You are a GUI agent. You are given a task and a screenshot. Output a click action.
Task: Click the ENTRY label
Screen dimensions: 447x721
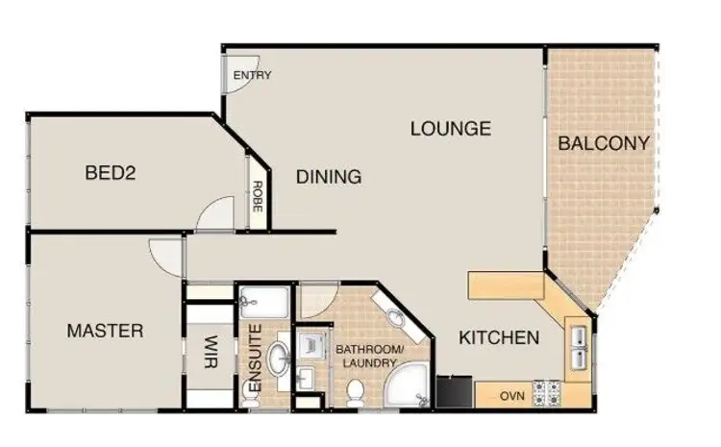point(252,76)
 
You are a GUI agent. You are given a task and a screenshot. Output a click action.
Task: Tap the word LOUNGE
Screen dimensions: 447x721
point(450,128)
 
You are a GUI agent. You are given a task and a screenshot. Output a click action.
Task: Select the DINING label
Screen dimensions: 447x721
point(329,177)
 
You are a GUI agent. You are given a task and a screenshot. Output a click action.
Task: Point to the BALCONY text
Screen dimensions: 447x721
point(604,144)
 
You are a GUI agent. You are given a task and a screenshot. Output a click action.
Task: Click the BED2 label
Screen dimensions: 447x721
point(110,174)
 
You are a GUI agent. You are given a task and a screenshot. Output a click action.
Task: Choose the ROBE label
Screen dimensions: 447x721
point(258,198)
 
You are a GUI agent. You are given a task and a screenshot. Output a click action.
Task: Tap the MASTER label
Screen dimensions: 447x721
point(105,332)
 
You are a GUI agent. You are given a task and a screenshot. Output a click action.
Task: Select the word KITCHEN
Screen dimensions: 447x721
point(498,338)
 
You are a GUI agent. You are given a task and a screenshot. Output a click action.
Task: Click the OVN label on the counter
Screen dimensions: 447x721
point(511,393)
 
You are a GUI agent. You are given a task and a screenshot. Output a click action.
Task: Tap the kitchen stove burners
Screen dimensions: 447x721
point(549,392)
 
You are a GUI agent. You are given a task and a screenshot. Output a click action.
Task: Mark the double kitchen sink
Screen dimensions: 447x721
point(581,346)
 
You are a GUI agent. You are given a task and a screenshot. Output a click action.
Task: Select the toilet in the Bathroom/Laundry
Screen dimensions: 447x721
point(355,391)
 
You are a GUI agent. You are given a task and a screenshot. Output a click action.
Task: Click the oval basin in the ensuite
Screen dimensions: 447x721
point(279,360)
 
